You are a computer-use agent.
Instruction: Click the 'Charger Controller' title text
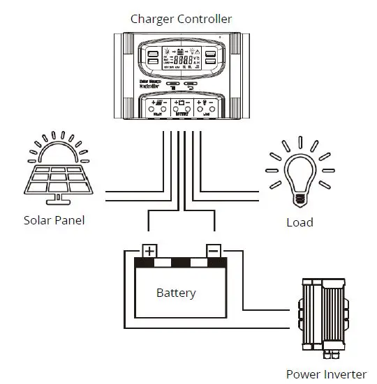point(181,19)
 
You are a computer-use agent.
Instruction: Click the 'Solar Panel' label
point(54,221)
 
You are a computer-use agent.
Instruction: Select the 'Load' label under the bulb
point(300,223)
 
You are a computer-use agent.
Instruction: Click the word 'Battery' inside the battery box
point(176,293)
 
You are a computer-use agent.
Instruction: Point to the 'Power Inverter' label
point(326,374)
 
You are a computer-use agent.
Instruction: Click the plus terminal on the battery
point(149,250)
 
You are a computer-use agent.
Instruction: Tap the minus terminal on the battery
point(214,250)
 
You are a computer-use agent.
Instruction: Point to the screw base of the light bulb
point(300,199)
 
